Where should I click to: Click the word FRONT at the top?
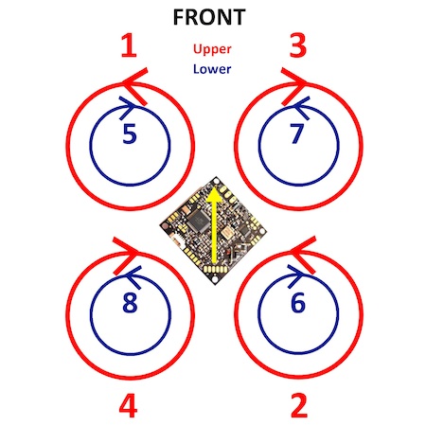(x=209, y=17)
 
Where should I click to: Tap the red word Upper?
(x=212, y=49)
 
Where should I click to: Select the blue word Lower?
(x=212, y=69)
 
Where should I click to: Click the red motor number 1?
(x=129, y=45)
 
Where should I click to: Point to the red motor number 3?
(x=298, y=45)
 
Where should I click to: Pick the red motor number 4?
(x=129, y=405)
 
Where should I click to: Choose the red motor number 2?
(x=298, y=405)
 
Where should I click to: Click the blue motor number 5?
(x=130, y=133)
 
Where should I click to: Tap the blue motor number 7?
(x=296, y=133)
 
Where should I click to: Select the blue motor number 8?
(x=130, y=302)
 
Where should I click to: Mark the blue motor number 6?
(x=298, y=302)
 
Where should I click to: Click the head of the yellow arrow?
(x=214, y=194)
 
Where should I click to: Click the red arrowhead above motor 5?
(x=135, y=86)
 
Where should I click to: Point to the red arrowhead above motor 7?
(x=293, y=86)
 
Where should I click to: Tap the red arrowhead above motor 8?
(x=126, y=255)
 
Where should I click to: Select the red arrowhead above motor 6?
(x=303, y=255)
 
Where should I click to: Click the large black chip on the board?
(x=198, y=220)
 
